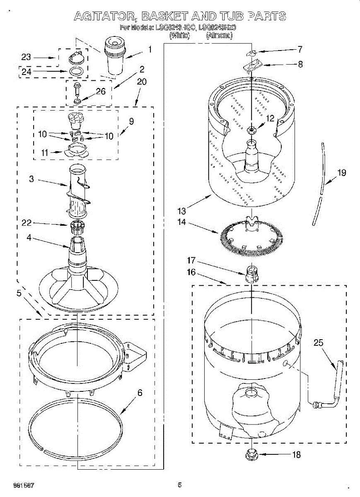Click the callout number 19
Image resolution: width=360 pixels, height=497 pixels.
tap(342, 173)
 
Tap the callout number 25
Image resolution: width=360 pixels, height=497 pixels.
tap(318, 343)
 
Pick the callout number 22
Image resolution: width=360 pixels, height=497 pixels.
tap(27, 224)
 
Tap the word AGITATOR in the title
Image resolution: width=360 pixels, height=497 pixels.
tap(106, 17)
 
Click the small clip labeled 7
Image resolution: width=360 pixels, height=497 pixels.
tap(251, 53)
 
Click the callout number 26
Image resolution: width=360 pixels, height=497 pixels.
tap(101, 92)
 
